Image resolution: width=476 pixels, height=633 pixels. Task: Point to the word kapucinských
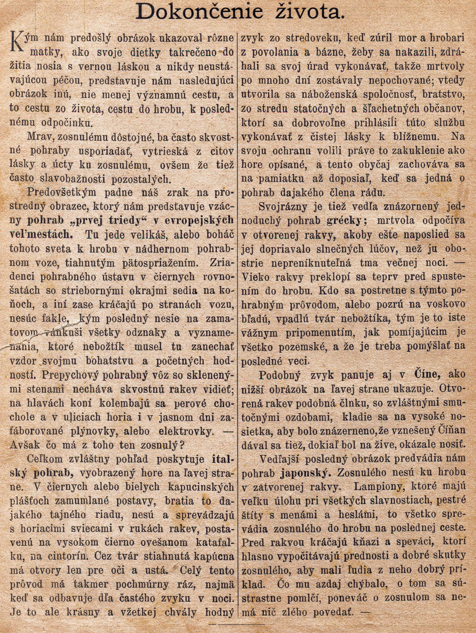[201, 486]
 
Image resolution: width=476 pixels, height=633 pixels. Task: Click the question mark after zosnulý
[182, 445]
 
